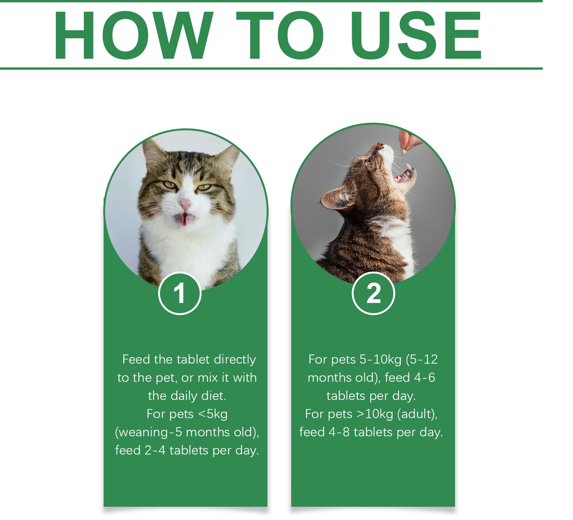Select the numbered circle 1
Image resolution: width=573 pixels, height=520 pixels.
(180, 293)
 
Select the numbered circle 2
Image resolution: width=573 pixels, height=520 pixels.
(373, 293)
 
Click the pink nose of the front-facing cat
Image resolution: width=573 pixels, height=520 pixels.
(185, 205)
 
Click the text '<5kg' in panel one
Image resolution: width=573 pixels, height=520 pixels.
(213, 414)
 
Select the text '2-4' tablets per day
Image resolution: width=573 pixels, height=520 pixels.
(155, 451)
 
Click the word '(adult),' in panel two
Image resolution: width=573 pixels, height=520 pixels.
(417, 414)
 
